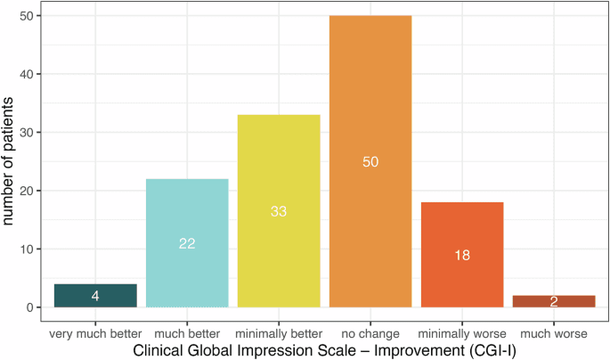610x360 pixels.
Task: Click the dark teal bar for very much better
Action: (95, 296)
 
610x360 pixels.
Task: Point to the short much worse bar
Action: (554, 301)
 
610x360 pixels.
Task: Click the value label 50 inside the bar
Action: (371, 161)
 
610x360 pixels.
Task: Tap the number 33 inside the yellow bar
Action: (279, 211)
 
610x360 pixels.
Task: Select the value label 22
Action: (187, 243)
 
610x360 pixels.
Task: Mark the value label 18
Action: (462, 255)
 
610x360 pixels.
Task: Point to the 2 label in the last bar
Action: (554, 302)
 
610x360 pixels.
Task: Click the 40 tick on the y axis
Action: (30, 74)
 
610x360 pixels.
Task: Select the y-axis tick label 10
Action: (30, 250)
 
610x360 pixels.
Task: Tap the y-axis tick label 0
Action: (34, 307)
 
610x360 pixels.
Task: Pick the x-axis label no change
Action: (370, 333)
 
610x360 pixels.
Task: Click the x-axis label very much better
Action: (95, 333)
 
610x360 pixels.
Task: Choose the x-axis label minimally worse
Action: (462, 333)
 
